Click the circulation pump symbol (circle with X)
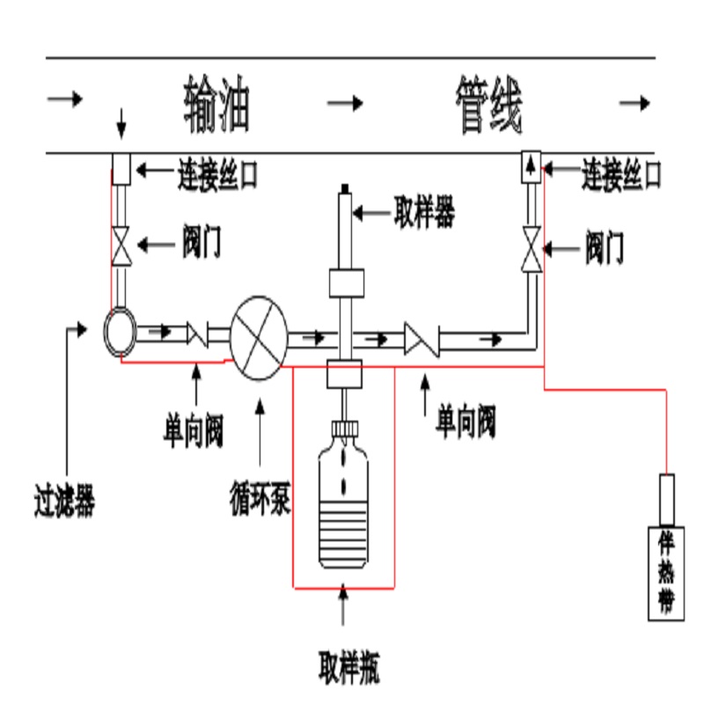pyautogui.click(x=260, y=338)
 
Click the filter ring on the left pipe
pyautogui.click(x=119, y=330)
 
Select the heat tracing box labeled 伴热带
pyautogui.click(x=666, y=571)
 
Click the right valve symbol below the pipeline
pyautogui.click(x=530, y=249)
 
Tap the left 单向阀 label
pyautogui.click(x=194, y=430)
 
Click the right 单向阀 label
pyautogui.click(x=466, y=422)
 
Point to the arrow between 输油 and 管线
pyautogui.click(x=345, y=104)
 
